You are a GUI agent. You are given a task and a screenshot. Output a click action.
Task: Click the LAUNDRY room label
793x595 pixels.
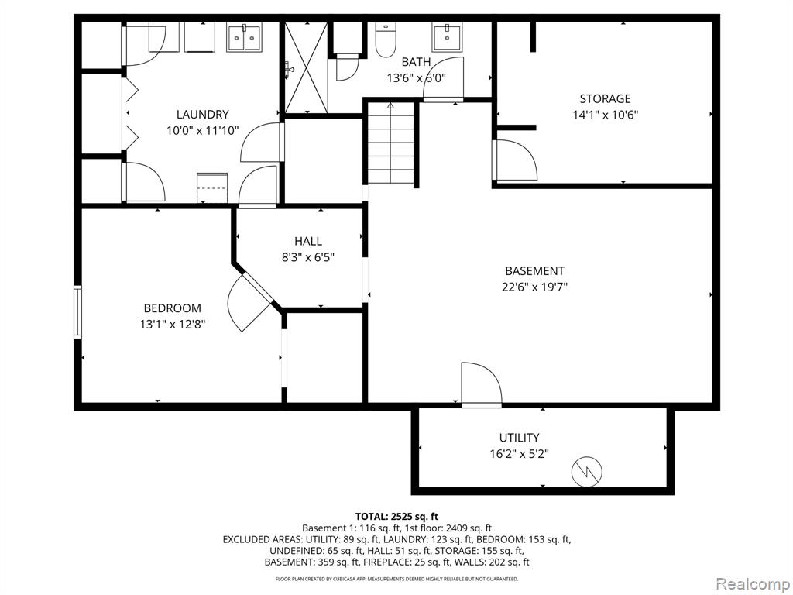point(202,115)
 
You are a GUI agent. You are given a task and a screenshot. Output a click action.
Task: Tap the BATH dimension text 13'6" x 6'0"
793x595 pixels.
point(416,78)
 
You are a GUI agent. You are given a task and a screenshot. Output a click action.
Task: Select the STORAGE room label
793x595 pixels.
point(605,98)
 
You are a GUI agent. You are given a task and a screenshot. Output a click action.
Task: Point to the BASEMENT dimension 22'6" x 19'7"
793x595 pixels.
point(534,287)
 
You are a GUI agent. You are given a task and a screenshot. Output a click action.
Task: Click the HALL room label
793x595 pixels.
point(308,242)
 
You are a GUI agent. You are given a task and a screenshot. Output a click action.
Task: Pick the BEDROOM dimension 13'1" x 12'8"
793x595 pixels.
point(173,324)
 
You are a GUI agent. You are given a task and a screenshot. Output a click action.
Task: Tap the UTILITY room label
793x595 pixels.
point(519,438)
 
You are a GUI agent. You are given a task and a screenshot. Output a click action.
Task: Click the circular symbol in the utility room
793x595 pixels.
point(587,473)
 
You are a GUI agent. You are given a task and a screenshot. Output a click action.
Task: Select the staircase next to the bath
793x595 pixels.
point(391,143)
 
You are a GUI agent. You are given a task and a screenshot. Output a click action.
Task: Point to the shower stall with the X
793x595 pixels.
point(305,67)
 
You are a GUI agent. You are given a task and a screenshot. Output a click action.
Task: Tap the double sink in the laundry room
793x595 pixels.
point(244,37)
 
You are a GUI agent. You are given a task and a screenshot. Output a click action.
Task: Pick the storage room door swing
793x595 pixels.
point(514,160)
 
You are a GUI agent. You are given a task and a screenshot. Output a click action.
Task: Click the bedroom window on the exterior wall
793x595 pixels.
point(77,311)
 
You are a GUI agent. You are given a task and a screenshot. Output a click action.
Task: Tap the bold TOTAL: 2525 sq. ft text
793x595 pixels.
point(396,517)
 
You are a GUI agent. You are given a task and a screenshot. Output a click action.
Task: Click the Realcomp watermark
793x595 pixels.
point(752,584)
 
